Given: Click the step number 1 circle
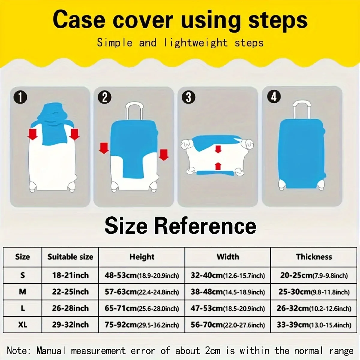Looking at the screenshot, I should pos(20,98).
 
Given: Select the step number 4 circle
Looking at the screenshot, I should pos(274,97).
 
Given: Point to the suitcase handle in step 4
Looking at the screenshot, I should pos(301,109).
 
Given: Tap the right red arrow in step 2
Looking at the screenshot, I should pos(164,154).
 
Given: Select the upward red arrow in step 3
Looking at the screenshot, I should pos(218,166).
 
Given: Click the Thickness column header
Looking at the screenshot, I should pos(314,257).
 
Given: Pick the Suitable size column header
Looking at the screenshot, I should pos(70,257).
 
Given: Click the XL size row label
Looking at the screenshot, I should pos(22,325).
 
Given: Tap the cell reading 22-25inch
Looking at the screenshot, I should pos(70,292).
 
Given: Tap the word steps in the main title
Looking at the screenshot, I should pos(278,20).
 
